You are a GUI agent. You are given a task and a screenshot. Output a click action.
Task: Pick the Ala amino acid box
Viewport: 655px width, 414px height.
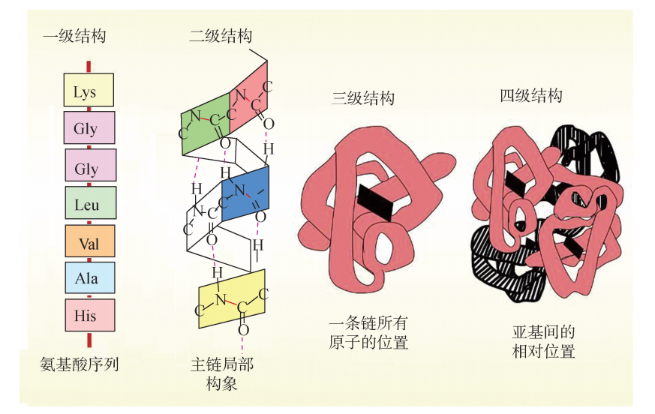(x=89, y=278)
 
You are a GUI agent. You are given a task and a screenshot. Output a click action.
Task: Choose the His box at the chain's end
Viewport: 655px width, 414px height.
(x=89, y=316)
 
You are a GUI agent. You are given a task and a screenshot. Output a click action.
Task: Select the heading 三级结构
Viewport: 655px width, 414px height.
(x=363, y=97)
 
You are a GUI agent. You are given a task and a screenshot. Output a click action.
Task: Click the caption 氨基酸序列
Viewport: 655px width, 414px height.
(x=80, y=365)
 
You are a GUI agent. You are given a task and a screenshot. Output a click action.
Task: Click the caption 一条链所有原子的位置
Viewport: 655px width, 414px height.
(x=368, y=333)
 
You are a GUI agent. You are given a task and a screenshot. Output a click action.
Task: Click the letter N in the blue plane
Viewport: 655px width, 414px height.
(x=239, y=190)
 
